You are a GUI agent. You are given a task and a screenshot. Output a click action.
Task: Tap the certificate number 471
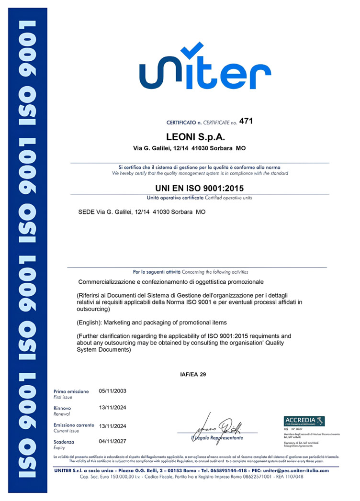click(x=245, y=122)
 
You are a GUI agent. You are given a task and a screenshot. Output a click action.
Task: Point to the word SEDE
click(x=86, y=211)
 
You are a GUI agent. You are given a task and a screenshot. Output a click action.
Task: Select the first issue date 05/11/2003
click(x=112, y=391)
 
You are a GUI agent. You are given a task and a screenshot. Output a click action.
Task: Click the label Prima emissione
click(x=71, y=391)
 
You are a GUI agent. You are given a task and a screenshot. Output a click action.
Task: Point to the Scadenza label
click(x=64, y=442)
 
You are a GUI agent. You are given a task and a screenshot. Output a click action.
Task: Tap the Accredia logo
click(x=304, y=421)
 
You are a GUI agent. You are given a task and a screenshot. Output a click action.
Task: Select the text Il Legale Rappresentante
click(x=217, y=438)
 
